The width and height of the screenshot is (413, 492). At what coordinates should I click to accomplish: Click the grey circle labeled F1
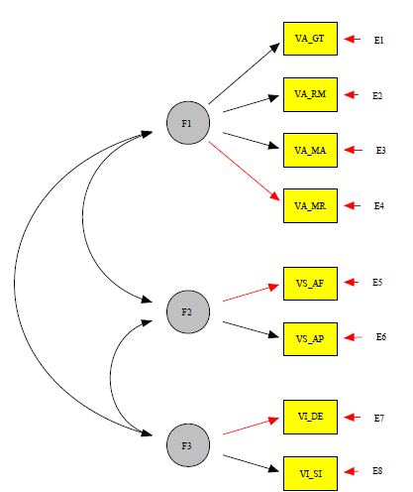click(x=186, y=123)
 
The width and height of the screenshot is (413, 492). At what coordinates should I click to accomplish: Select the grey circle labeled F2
click(x=186, y=312)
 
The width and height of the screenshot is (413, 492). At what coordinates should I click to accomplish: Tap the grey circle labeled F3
click(x=186, y=444)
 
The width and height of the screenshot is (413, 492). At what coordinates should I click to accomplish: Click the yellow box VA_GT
click(x=310, y=39)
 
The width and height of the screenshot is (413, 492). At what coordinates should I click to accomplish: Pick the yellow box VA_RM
click(x=310, y=94)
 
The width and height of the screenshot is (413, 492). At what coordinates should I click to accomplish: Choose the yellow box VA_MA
click(x=310, y=151)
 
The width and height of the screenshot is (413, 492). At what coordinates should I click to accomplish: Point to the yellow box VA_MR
click(x=310, y=206)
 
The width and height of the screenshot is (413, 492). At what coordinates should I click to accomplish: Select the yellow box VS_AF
click(x=310, y=283)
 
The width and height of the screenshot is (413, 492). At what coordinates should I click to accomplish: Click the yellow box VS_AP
click(x=310, y=338)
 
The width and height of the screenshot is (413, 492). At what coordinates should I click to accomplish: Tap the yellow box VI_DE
click(x=310, y=417)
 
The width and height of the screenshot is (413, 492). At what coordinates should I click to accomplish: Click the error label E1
click(x=378, y=40)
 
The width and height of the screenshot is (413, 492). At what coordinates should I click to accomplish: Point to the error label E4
click(x=378, y=206)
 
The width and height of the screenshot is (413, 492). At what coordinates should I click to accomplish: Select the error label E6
click(x=380, y=338)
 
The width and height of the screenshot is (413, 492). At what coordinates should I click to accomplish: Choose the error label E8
click(x=378, y=472)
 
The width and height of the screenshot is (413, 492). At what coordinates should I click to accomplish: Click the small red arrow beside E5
click(x=351, y=283)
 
